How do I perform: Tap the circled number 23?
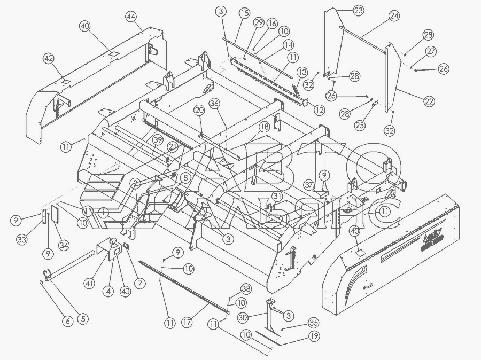click(x=358, y=11)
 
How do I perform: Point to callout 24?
click(x=394, y=17)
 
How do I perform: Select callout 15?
click(x=244, y=12)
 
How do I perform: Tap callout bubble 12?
click(x=320, y=110)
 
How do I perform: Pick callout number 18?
click(x=264, y=127)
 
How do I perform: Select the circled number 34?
click(x=64, y=245)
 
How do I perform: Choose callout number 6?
click(x=68, y=321)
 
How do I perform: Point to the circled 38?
click(x=245, y=288)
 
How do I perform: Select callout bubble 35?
click(x=314, y=323)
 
